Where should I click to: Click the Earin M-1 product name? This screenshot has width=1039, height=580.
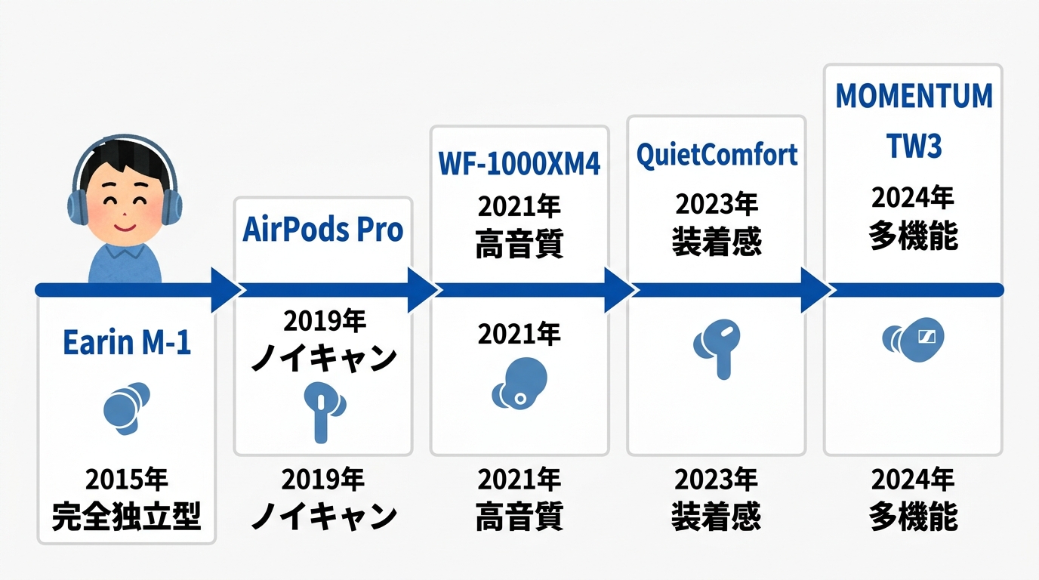126,342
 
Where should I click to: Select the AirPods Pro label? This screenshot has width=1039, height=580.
322,230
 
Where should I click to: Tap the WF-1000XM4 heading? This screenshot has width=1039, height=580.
519,165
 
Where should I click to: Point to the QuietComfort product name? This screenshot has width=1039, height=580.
716,155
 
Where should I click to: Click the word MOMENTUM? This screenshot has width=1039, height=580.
914,97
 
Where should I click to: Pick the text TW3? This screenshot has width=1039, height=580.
914,147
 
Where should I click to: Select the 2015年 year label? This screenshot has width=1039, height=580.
126,480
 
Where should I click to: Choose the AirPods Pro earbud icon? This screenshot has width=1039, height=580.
323,410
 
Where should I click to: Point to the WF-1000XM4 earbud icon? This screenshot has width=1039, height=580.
519,382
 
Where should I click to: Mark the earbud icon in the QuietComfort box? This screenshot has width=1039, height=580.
717,346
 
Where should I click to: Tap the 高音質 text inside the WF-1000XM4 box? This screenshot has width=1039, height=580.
519,244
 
